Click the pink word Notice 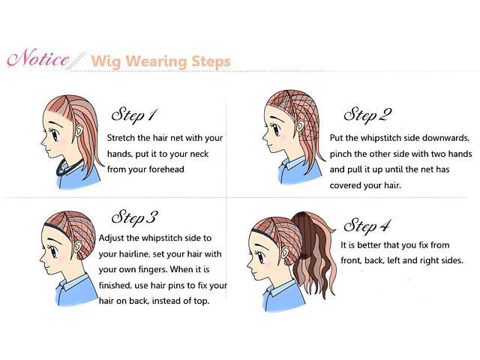[x=38, y=58]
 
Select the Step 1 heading [x=134, y=115]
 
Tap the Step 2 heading [x=367, y=115]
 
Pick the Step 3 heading [x=135, y=217]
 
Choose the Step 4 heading [x=367, y=226]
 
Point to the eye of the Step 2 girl [x=277, y=130]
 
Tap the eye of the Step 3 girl [x=54, y=252]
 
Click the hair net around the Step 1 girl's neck [x=69, y=168]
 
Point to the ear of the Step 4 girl [x=285, y=252]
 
